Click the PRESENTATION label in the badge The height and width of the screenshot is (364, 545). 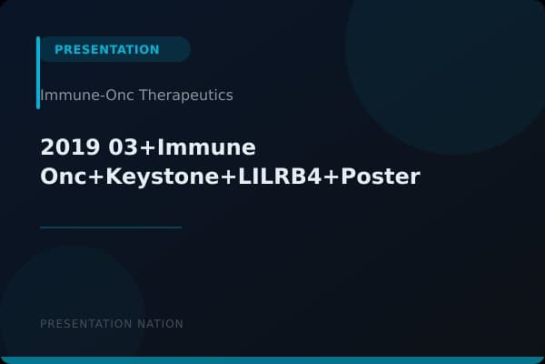(x=106, y=49)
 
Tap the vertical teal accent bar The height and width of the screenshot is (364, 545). (x=38, y=73)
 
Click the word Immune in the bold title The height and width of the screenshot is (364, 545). (x=208, y=147)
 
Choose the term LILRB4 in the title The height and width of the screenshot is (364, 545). (x=274, y=177)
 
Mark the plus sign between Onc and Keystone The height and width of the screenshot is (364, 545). (x=95, y=177)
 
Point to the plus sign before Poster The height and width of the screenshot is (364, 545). (x=331, y=177)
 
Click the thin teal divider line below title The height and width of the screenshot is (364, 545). (x=111, y=227)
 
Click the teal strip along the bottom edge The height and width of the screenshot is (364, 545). (x=272, y=360)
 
